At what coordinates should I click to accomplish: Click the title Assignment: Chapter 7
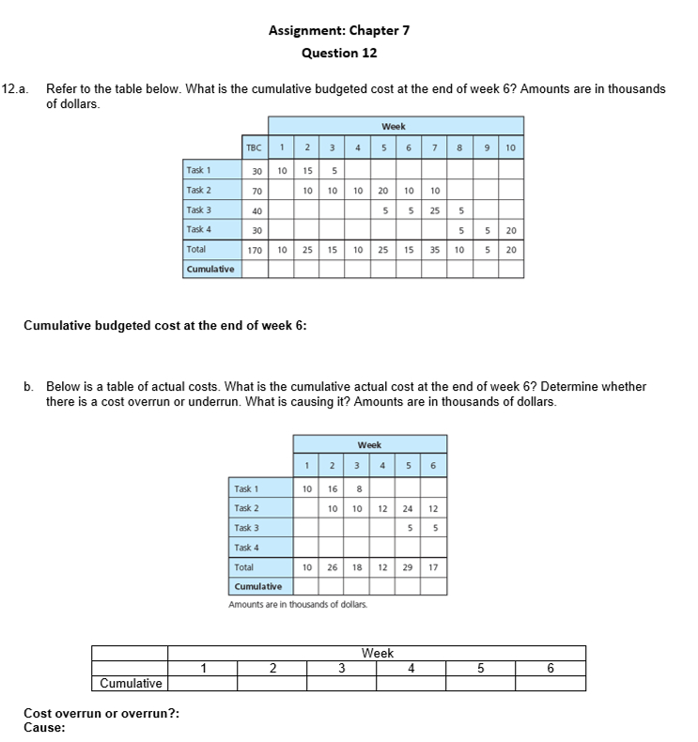338,30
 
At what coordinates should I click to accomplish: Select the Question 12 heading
338,53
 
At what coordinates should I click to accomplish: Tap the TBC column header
254,147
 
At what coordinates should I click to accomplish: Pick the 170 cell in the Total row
254,250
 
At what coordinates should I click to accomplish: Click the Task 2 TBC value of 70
256,191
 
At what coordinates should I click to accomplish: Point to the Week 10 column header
510,147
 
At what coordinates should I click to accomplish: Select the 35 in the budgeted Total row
434,250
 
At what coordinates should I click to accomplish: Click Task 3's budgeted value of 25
434,210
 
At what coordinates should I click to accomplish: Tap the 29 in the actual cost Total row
407,568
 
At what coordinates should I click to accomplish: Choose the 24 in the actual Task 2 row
407,508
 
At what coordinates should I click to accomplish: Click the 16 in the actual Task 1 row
332,488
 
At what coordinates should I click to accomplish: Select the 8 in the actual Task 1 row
357,488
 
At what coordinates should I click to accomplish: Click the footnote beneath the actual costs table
298,604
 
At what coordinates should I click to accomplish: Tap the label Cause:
44,726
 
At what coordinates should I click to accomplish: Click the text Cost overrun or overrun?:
101,713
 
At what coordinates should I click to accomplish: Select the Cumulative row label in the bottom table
131,683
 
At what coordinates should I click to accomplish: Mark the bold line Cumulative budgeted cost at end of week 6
164,326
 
